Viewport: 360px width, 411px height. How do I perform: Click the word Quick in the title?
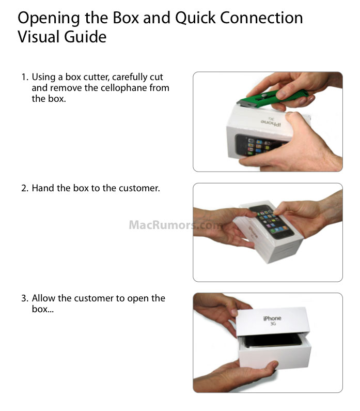pos(195,18)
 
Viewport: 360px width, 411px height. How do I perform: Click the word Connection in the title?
pos(261,18)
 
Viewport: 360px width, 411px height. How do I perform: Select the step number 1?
pos(24,78)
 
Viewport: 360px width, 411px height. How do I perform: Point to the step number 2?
pos(25,188)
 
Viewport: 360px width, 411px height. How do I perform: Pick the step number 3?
pos(25,298)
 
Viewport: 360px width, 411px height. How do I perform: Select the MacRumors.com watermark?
pos(176,225)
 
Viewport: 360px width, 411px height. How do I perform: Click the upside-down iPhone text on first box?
pos(271,123)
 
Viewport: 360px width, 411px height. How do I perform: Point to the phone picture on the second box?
pos(272,221)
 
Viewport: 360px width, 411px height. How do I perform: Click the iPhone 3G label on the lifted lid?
pos(272,321)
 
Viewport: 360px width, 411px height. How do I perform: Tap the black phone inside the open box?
pos(273,341)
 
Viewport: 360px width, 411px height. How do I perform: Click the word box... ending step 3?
pos(43,309)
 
